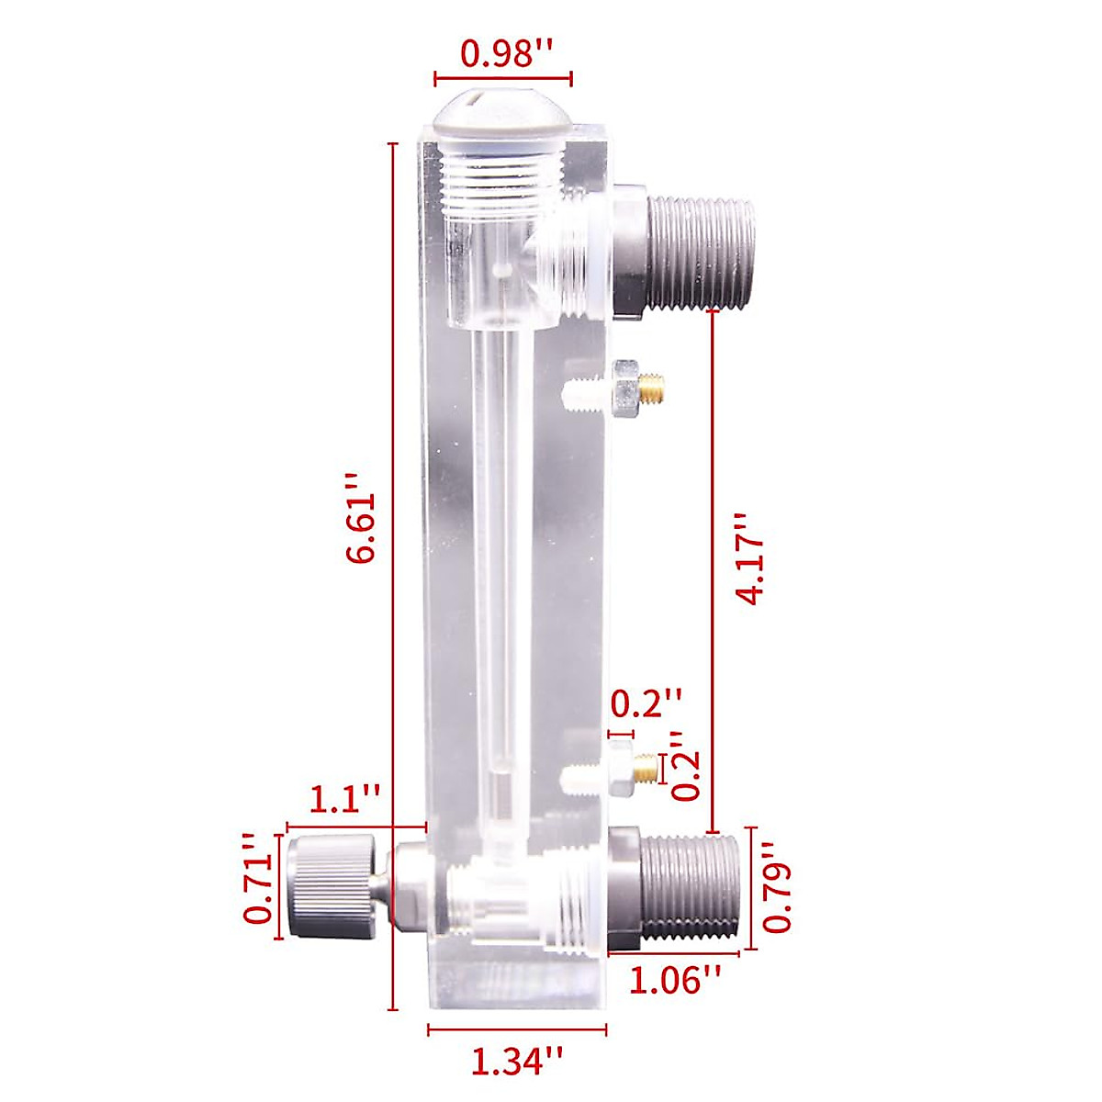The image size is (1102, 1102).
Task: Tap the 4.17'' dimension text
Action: coord(751,557)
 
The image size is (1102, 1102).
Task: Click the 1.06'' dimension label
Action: coord(674,980)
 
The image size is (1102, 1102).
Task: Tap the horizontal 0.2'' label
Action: coord(647,705)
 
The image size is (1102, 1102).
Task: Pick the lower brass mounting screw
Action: coord(647,768)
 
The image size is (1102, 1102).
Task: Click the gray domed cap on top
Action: coord(503,109)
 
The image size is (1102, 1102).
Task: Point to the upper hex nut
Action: coord(624,388)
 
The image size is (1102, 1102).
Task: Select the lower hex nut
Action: coord(620,769)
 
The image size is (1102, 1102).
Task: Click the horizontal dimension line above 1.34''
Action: coord(517,1030)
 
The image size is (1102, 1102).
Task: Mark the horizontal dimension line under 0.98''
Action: coord(503,79)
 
